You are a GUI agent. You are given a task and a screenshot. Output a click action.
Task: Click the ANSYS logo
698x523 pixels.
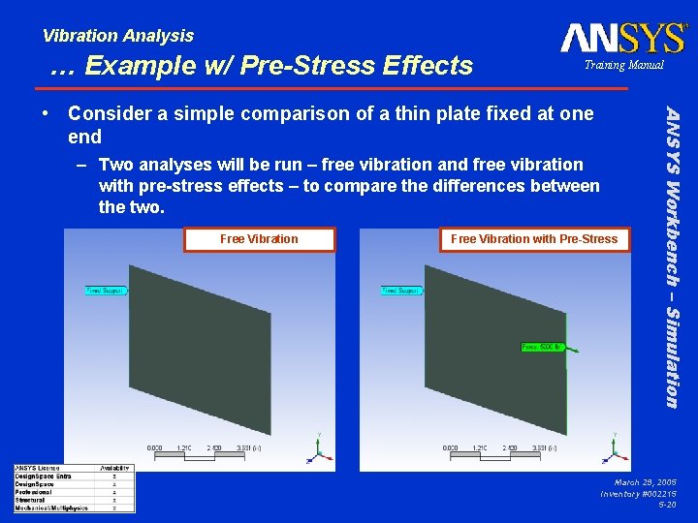point(622,38)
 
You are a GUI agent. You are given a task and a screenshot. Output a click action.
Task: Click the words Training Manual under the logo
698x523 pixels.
point(623,65)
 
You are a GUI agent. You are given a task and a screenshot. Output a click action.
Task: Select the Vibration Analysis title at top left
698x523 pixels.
point(118,36)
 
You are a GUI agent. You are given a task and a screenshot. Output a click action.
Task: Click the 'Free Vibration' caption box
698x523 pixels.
point(259,239)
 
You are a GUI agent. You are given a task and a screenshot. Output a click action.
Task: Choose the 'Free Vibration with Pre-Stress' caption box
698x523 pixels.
point(534,239)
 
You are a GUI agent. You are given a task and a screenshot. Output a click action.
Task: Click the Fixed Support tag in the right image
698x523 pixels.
point(400,290)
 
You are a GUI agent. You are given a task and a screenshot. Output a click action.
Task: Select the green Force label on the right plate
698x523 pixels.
point(544,347)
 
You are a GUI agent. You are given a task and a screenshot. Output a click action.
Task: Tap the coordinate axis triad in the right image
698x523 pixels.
point(612,446)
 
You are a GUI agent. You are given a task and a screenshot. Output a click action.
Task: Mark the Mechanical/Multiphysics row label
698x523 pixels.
point(51,508)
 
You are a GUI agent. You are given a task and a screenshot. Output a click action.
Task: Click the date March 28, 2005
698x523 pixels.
point(645,481)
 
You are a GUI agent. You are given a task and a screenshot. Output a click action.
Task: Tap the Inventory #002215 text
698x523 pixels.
point(639,493)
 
